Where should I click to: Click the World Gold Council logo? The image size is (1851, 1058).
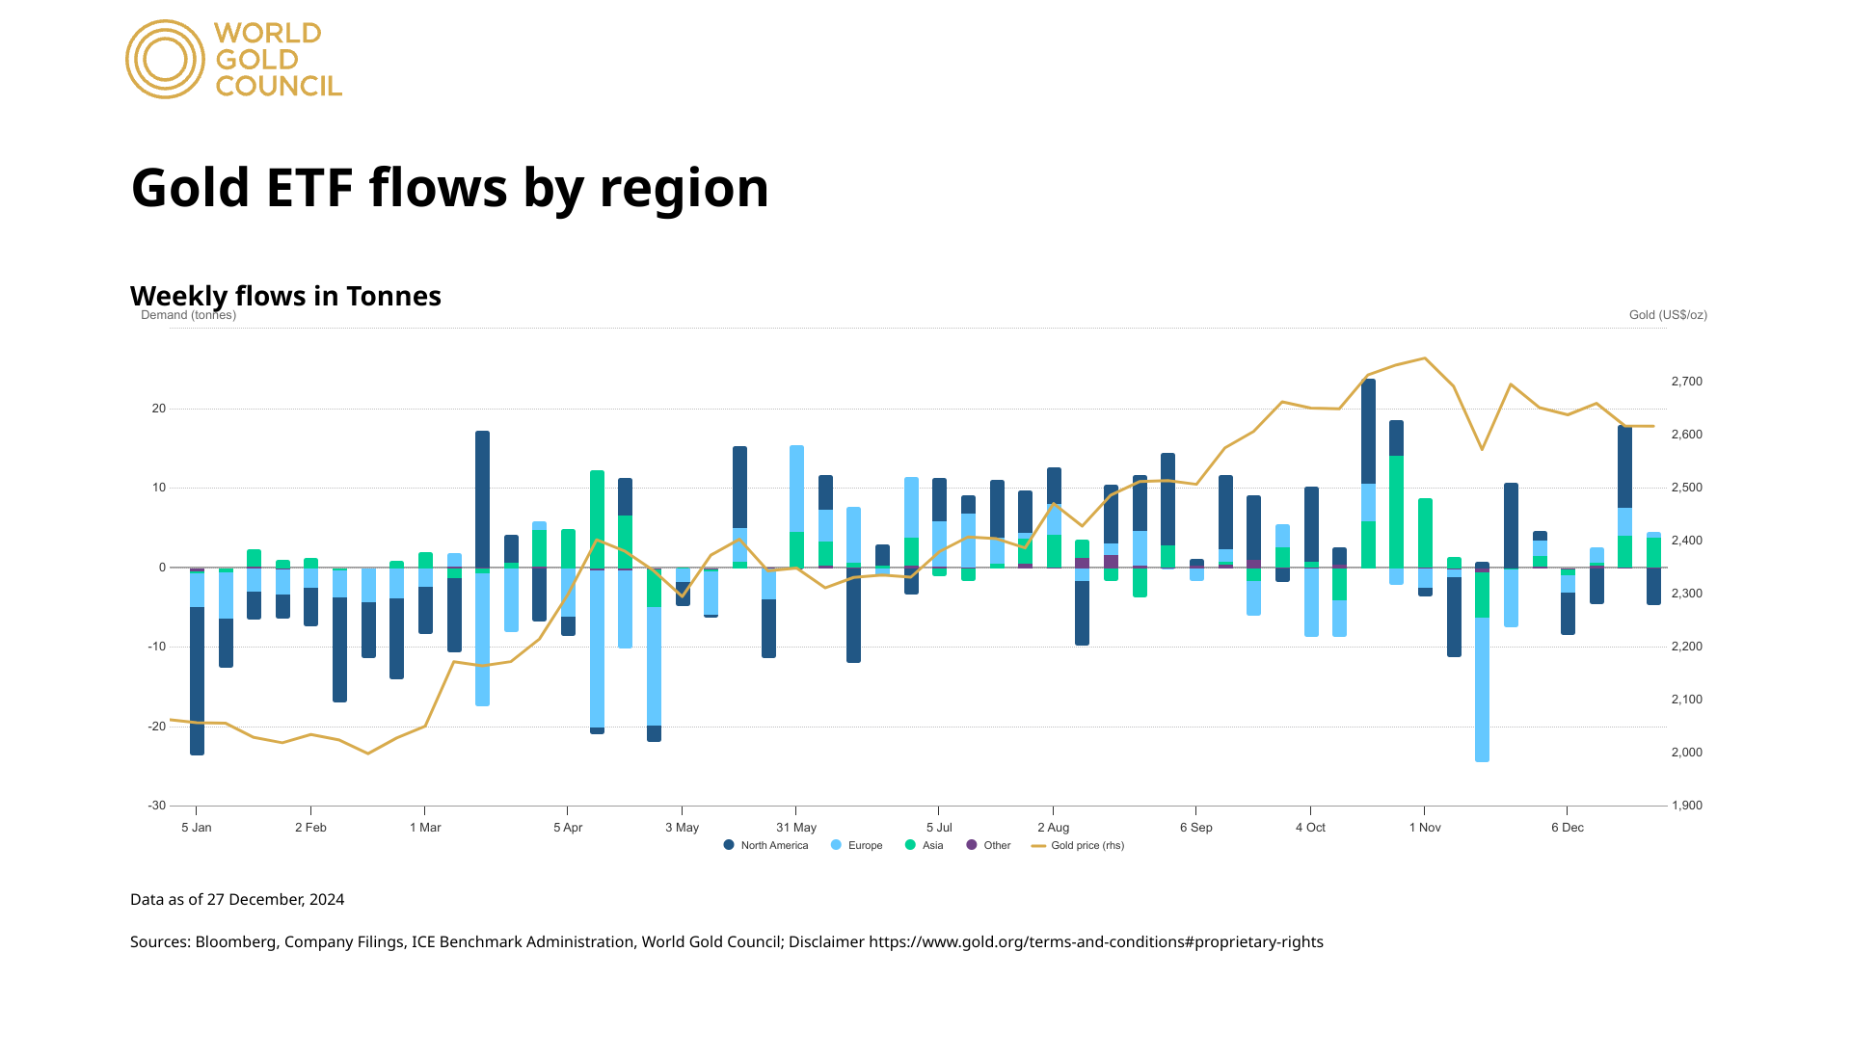click(x=233, y=60)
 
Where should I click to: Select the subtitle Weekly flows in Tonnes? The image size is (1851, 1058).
click(x=285, y=296)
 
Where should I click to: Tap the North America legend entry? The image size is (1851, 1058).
click(x=766, y=846)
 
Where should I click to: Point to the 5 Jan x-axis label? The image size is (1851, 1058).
click(x=197, y=828)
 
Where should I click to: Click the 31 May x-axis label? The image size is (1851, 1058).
click(x=796, y=828)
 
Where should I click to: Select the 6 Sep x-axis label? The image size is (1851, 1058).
click(x=1196, y=828)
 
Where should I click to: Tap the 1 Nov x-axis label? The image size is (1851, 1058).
click(x=1425, y=828)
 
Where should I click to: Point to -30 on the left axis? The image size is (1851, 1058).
click(x=157, y=806)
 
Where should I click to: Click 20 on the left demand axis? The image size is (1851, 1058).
click(x=159, y=409)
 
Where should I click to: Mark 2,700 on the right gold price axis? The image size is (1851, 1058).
click(x=1687, y=382)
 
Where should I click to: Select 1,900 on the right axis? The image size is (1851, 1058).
click(x=1687, y=806)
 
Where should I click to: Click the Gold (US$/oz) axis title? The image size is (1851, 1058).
click(x=1668, y=315)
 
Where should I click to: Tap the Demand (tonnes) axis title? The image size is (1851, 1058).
click(x=189, y=315)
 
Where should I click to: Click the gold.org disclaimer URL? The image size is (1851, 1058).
click(x=1096, y=942)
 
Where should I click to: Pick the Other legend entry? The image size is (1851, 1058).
click(x=989, y=846)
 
